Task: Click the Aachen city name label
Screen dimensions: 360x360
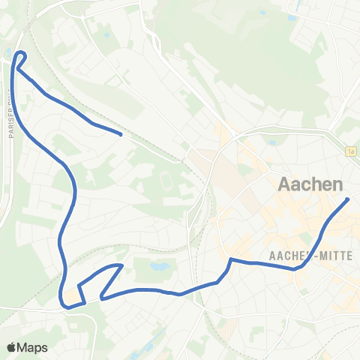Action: [x=310, y=184]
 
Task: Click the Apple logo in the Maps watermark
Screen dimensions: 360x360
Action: [x=12, y=347]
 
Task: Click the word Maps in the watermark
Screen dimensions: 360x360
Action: [x=33, y=347]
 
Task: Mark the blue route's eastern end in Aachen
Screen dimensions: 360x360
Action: [x=348, y=199]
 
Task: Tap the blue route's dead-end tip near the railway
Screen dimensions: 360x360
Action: [x=121, y=134]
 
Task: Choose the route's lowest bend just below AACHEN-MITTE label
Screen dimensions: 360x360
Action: [x=297, y=267]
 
